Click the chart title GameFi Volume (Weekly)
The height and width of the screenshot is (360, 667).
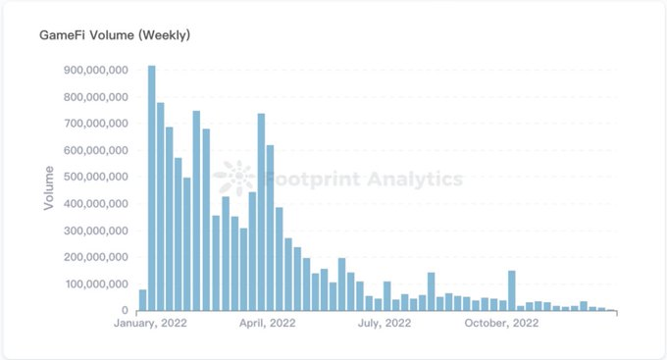tap(115, 35)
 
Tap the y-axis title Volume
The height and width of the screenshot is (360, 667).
tap(49, 187)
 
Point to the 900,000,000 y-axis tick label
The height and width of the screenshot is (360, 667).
tap(96, 70)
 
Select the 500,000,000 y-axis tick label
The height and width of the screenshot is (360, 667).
tap(96, 177)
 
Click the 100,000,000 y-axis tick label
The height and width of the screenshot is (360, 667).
tap(96, 283)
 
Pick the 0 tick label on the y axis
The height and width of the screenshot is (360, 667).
tap(125, 311)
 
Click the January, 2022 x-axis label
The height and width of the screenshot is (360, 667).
tap(150, 323)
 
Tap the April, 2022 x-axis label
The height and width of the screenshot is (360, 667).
tap(267, 323)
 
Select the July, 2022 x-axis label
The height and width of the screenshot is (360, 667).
tap(385, 323)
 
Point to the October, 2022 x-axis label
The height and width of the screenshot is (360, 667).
tap(501, 323)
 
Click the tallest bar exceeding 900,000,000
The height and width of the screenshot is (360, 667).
tap(151, 188)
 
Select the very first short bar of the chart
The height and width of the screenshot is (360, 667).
tap(142, 300)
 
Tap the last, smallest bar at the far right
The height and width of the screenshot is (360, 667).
tap(610, 310)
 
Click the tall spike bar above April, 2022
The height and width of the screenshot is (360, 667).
tap(261, 212)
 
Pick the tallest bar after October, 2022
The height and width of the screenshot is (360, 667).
tap(512, 290)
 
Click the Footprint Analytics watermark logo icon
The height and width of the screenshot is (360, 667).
tap(234, 178)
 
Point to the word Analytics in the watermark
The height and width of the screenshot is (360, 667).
tap(415, 180)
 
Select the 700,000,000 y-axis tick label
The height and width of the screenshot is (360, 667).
tap(96, 124)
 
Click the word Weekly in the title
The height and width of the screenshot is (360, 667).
tap(166, 35)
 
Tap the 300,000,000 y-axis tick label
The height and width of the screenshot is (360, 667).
tap(96, 231)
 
